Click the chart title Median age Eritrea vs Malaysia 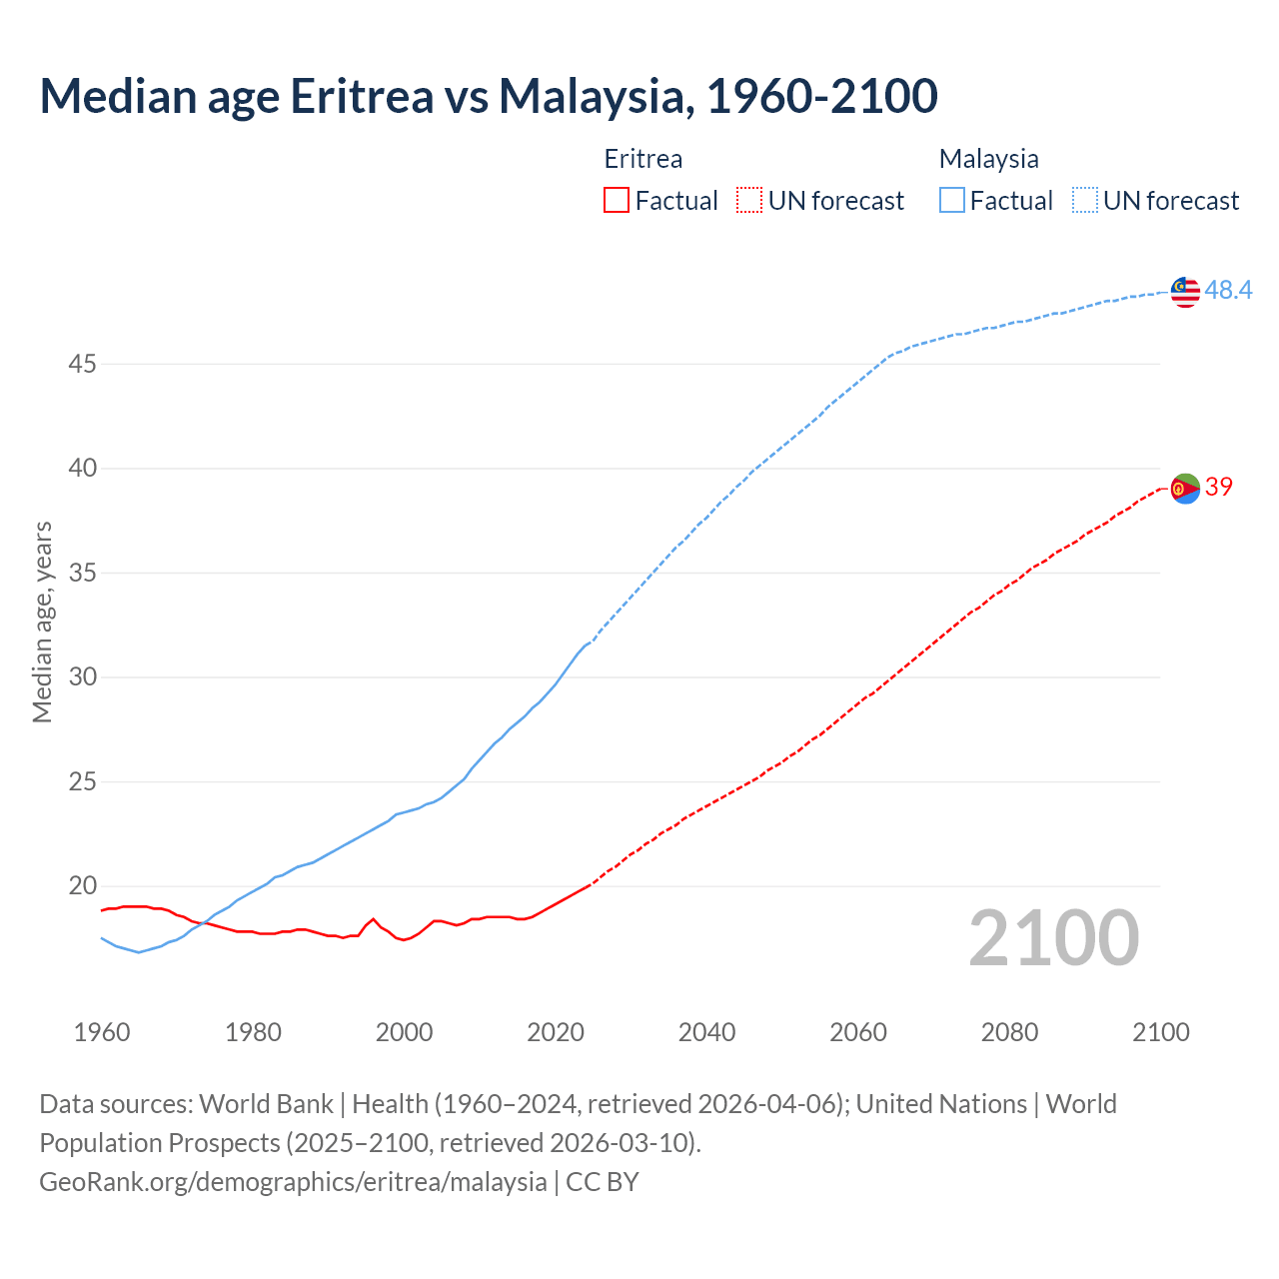[488, 96]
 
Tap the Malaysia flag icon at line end [1185, 292]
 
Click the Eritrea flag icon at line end [1185, 489]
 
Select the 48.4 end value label [1228, 290]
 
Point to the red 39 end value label [1219, 487]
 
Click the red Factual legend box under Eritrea [617, 201]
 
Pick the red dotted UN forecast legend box [749, 201]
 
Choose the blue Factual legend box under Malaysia [952, 201]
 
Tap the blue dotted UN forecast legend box [1085, 201]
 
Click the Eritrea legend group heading [643, 159]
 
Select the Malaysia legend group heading [988, 159]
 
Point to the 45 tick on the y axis [82, 365]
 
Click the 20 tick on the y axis [82, 886]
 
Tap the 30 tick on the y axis [82, 677]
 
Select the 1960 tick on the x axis [102, 1032]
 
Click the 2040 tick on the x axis [706, 1032]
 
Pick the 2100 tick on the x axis [1161, 1032]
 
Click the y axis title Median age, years [43, 622]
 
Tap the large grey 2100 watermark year [1054, 938]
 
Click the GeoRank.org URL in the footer [293, 1182]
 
